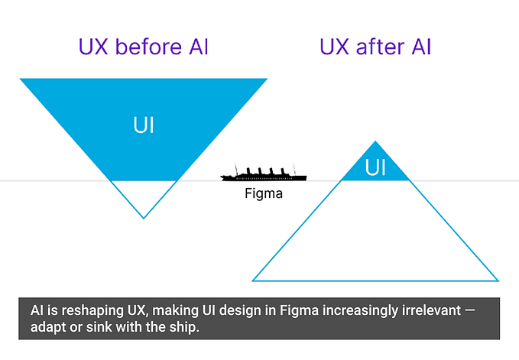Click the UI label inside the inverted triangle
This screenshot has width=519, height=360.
coord(144,125)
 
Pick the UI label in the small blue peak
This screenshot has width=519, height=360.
coord(375,167)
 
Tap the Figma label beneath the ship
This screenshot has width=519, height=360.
coord(264,193)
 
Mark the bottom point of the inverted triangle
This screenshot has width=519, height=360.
coord(144,218)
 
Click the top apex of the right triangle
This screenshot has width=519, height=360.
coord(375,141)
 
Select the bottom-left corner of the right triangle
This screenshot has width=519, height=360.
coord(254,281)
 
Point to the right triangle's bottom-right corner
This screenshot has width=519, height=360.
coord(498,281)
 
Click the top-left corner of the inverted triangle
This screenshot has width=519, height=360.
coord(21,79)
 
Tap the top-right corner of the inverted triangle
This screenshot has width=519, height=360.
coord(267,79)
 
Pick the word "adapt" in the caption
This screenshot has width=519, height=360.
coord(47,328)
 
